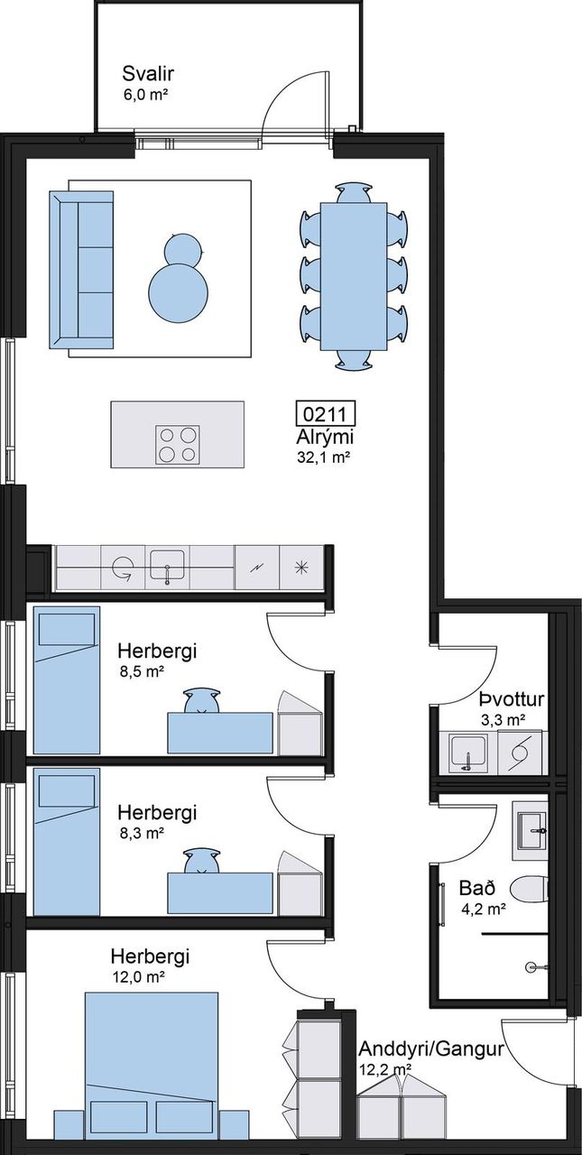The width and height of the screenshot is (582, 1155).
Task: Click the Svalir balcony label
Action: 148,74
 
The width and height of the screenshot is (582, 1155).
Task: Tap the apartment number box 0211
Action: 325,414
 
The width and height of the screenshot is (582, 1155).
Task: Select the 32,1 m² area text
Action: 320,457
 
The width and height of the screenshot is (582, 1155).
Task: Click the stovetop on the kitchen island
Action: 178,445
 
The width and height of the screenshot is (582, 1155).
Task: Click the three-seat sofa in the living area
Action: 81,269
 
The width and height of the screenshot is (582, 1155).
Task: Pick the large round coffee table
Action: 180,294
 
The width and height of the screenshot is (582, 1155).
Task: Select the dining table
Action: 354,276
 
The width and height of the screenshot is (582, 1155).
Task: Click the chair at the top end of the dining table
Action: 354,193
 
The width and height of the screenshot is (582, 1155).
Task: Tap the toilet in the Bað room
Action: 529,889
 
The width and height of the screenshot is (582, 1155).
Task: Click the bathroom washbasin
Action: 531,830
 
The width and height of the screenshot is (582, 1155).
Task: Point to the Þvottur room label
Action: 512,699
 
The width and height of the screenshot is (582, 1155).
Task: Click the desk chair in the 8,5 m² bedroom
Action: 201,700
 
